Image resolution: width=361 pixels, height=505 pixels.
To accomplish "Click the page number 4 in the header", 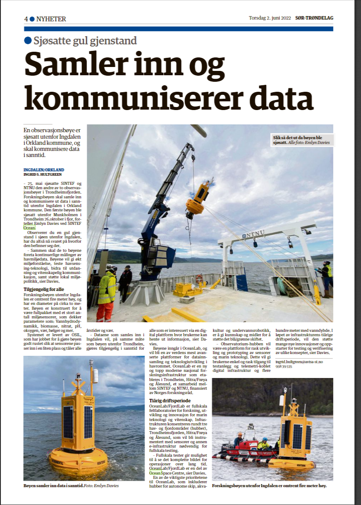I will click(x=26, y=19).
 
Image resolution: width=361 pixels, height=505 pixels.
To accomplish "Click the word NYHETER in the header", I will click(x=51, y=19).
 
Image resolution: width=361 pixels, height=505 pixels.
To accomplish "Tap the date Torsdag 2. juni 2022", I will click(x=270, y=18).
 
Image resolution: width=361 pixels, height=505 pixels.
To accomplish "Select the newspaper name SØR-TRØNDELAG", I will click(x=314, y=18).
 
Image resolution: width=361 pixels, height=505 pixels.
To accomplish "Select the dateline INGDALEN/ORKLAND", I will click(x=44, y=169).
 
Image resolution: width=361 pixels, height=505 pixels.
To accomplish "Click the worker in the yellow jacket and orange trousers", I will click(x=107, y=291).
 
